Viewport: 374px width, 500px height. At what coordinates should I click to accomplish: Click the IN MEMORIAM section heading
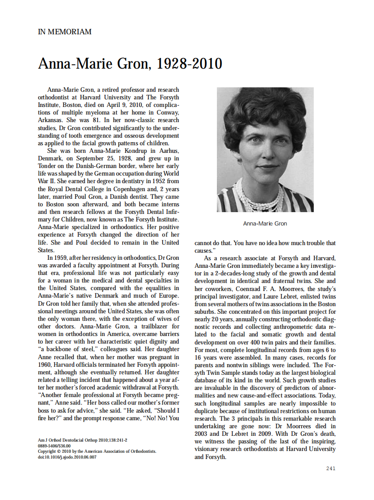65,32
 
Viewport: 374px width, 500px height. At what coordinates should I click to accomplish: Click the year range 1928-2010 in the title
190,64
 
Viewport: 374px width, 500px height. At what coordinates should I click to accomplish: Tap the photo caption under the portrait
265,223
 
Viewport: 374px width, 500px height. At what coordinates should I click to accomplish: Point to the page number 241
331,468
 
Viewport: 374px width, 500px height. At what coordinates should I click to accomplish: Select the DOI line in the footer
67,457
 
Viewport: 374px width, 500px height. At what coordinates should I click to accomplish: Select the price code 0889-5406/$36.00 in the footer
54,446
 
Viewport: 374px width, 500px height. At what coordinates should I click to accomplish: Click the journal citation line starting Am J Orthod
82,440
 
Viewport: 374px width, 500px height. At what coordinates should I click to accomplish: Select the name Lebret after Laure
253,296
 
